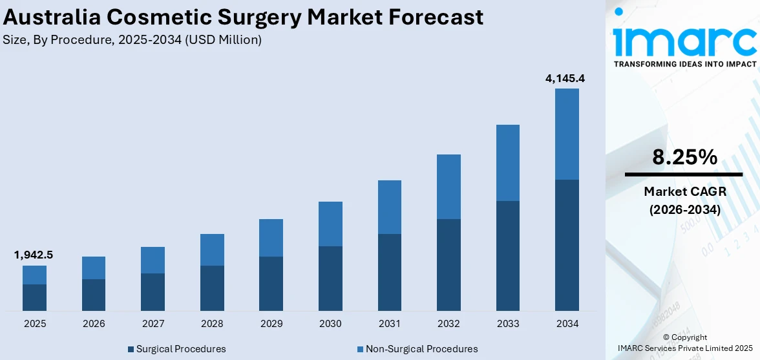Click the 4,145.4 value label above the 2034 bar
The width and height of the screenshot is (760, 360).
point(565,79)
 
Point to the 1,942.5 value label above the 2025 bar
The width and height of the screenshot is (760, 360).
point(34,255)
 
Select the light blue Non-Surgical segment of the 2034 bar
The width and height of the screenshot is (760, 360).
point(567,134)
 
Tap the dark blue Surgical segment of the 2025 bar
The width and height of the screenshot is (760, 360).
point(34,297)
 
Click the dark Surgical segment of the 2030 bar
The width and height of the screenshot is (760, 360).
point(330,278)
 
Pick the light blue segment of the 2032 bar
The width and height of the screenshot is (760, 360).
point(449,186)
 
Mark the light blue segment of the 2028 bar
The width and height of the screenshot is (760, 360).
point(212,249)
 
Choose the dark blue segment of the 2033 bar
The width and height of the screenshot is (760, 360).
point(508,255)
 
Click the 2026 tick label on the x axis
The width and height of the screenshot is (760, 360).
point(94,323)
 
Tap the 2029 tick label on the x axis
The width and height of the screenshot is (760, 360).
point(271,323)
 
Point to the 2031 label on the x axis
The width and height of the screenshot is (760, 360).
point(390,323)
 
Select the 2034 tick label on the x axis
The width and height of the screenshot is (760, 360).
point(567,323)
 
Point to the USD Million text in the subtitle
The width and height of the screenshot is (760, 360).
point(227,40)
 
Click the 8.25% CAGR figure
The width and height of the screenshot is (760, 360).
point(684,157)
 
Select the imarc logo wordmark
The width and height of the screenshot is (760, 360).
point(684,40)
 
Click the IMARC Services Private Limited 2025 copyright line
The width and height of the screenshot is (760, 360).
point(685,348)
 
